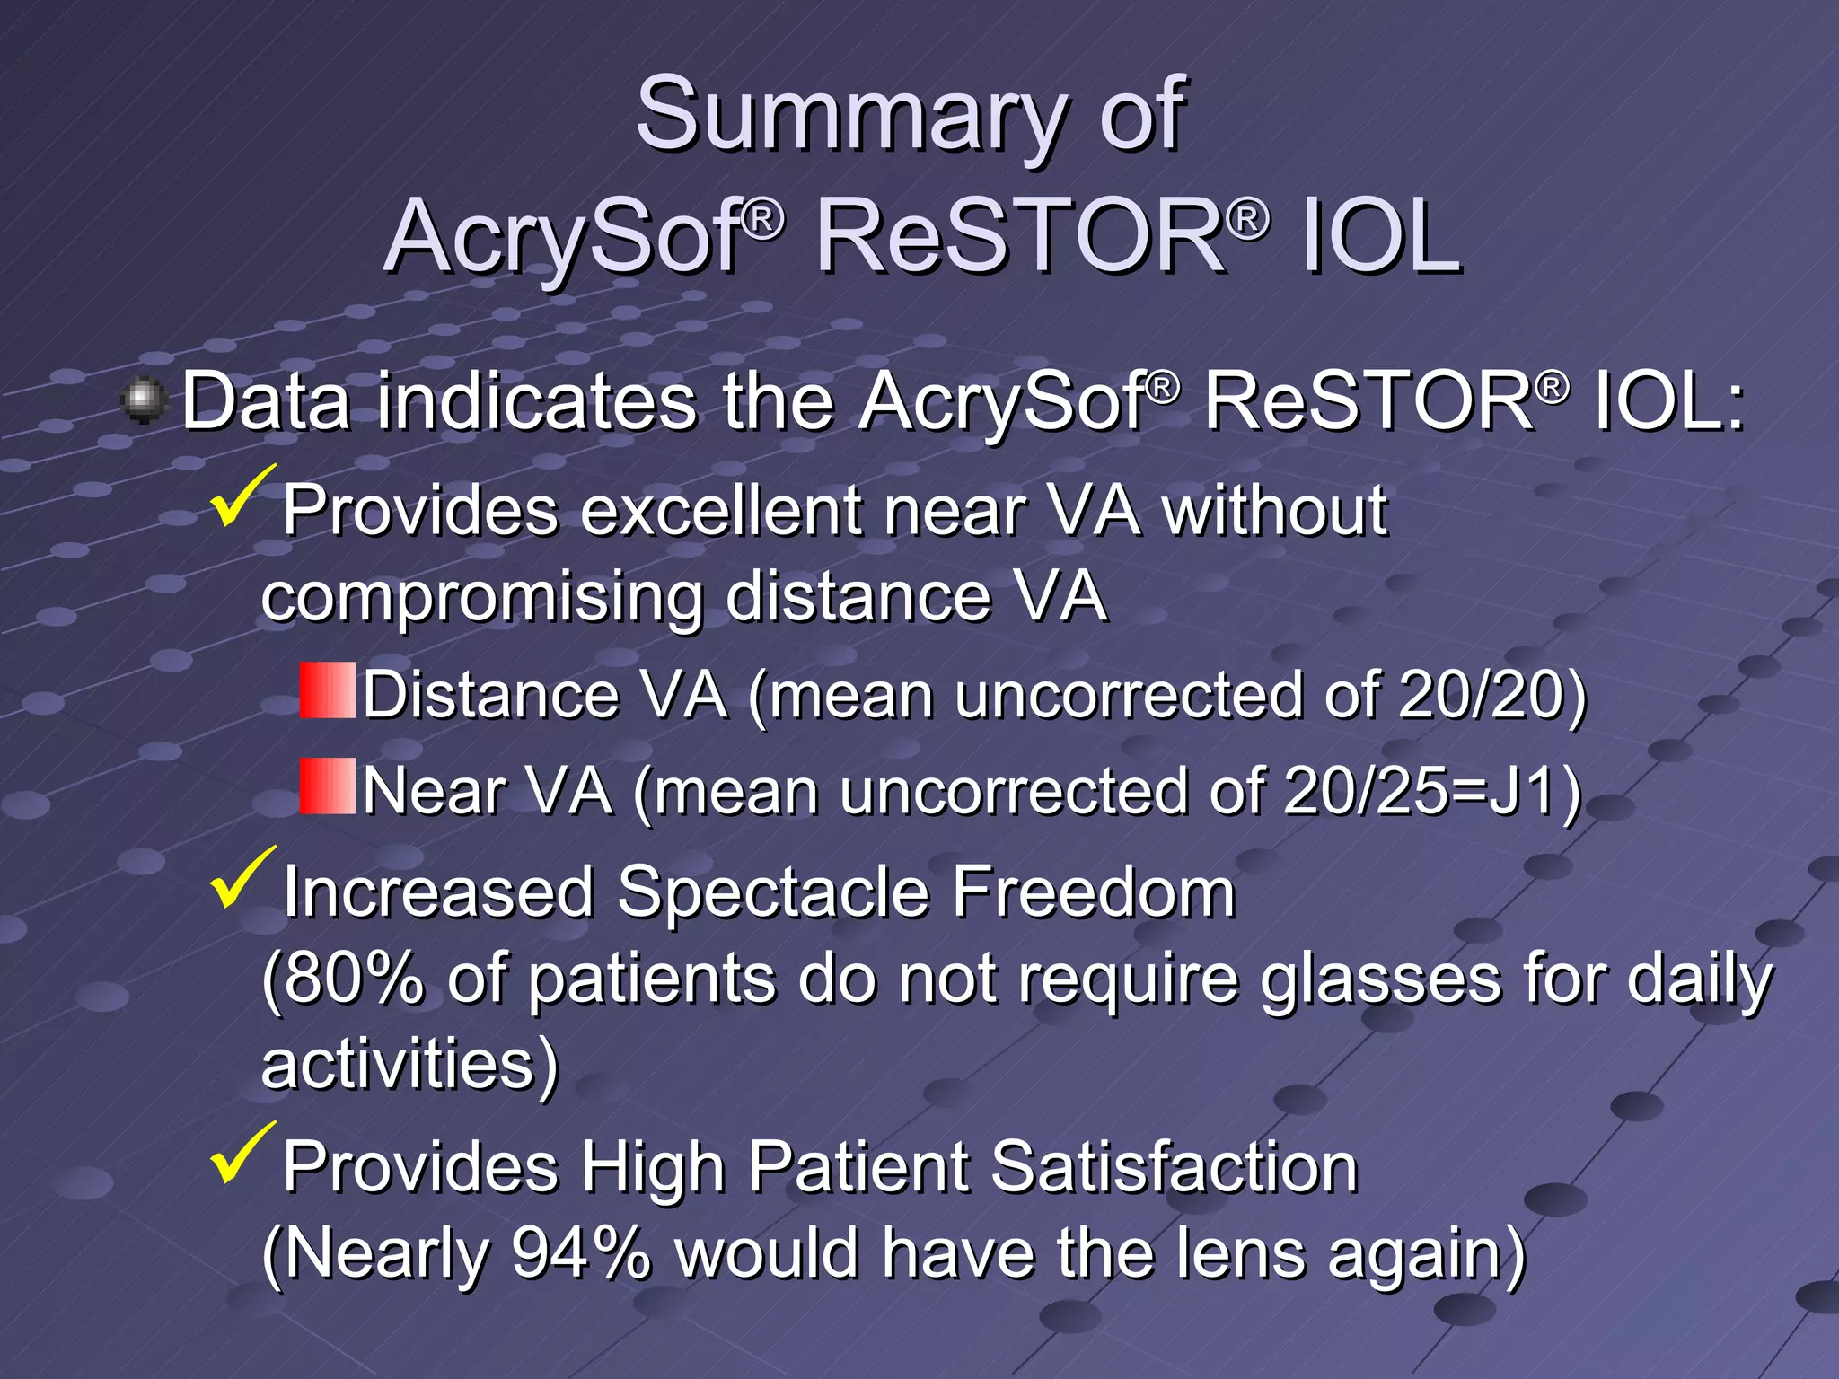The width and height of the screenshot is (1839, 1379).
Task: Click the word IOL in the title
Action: [x=1380, y=238]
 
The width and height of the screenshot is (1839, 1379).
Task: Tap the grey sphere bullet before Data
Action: [x=144, y=400]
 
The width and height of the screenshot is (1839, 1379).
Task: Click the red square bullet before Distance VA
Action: [x=327, y=690]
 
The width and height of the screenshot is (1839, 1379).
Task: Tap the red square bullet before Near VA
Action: [x=327, y=786]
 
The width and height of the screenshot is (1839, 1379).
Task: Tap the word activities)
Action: [x=409, y=1065]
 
